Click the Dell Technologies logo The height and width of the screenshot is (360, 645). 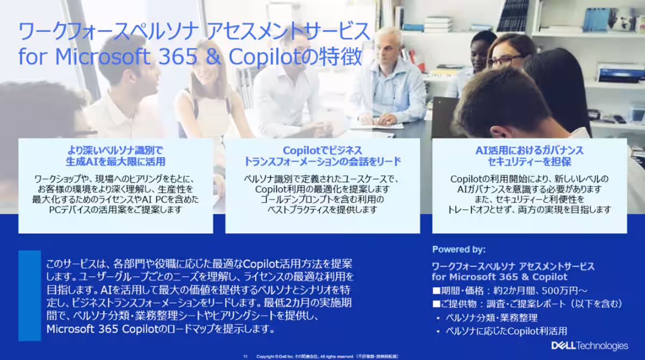(590, 345)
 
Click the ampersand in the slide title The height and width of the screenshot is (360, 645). (213, 56)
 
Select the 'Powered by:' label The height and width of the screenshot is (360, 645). (458, 249)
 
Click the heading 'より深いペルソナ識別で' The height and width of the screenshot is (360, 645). (115, 150)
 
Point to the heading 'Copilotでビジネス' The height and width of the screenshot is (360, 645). (322, 150)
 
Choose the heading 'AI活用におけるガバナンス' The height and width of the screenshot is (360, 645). (529, 150)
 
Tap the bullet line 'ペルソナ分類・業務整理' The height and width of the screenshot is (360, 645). (491, 318)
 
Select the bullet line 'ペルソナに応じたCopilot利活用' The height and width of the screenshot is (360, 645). (506, 331)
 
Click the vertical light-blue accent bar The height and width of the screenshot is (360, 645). (30, 296)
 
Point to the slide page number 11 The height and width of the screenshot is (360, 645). (245, 357)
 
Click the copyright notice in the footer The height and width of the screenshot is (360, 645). (327, 357)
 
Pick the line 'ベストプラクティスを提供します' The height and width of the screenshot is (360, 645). (322, 210)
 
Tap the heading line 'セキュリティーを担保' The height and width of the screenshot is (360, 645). (529, 162)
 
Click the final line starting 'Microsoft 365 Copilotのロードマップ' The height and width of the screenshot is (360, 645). (160, 329)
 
